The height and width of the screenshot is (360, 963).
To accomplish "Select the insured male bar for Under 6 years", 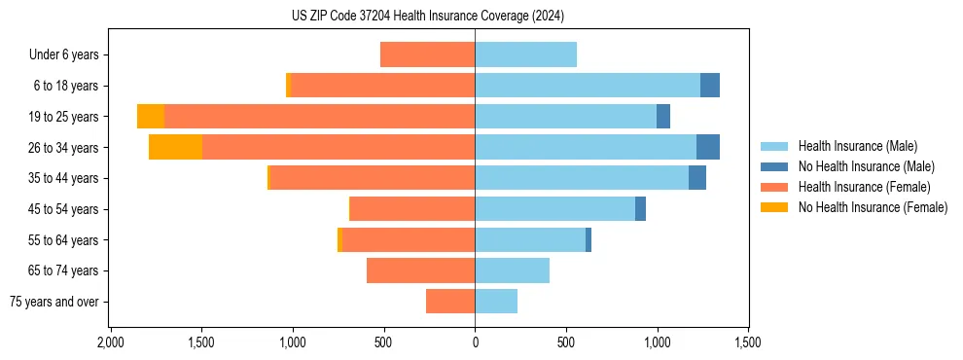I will point(525,54).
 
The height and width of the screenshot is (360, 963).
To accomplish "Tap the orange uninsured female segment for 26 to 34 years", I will point(175,147).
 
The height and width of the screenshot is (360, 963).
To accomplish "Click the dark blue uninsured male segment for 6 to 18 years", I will point(710,86).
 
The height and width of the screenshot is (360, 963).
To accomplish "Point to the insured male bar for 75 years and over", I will point(496,302).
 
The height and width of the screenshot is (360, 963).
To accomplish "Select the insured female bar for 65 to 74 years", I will point(420,270).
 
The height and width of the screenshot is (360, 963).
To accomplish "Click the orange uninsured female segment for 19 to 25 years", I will point(151,117).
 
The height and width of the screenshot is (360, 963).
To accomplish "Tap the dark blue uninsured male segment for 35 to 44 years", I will point(697,178).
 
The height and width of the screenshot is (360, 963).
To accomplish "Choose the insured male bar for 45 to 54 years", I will point(554,209).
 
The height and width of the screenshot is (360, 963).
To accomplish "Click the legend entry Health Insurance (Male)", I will point(857,146).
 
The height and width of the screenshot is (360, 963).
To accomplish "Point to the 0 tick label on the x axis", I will point(475,342).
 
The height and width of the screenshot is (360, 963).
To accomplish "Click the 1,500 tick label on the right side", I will point(748,342).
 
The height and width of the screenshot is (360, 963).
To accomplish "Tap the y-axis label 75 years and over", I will point(53,302).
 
